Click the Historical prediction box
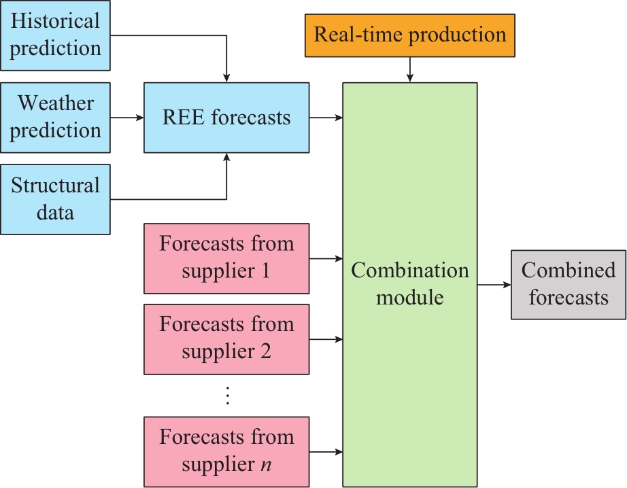point(55,35)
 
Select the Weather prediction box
point(55,118)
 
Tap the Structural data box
point(55,199)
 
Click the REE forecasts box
point(226,118)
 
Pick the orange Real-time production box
point(410,35)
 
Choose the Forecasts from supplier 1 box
point(226,258)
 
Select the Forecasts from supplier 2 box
point(226,339)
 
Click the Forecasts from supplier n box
point(226,451)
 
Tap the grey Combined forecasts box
point(569,285)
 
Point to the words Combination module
point(410,284)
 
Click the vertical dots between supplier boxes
point(227,396)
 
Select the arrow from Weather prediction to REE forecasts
point(126,118)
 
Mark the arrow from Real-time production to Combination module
point(410,69)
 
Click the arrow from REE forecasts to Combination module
point(326,118)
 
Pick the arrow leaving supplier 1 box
point(326,258)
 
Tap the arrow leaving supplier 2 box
point(326,339)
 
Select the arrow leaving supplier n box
point(326,451)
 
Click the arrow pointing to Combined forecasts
point(494,285)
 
